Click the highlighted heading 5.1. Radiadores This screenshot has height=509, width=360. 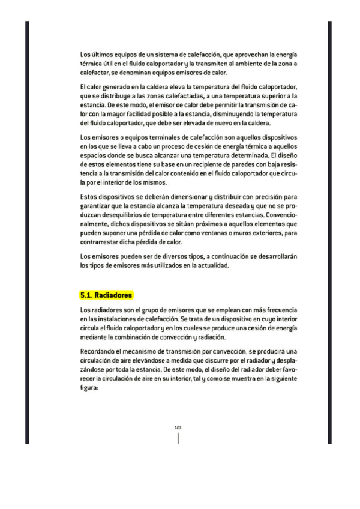106,295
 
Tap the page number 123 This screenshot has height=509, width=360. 178,427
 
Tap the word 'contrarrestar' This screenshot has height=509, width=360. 99,238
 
